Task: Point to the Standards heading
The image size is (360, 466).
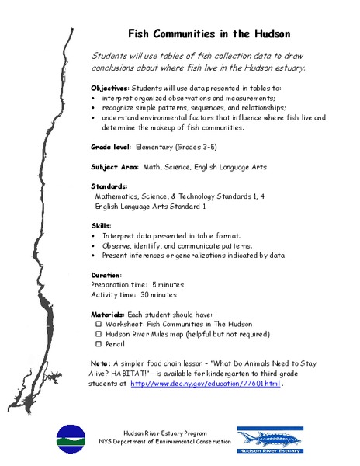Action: click(x=109, y=186)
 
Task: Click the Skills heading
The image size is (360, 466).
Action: click(x=102, y=224)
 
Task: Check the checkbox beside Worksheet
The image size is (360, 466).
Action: click(x=99, y=323)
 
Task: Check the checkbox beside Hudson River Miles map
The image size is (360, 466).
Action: click(x=99, y=333)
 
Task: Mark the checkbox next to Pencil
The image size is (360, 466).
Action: click(x=99, y=343)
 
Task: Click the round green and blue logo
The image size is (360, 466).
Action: click(x=71, y=439)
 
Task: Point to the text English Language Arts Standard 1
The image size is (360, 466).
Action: click(x=150, y=207)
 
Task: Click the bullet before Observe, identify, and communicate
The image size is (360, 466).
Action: click(x=93, y=245)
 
